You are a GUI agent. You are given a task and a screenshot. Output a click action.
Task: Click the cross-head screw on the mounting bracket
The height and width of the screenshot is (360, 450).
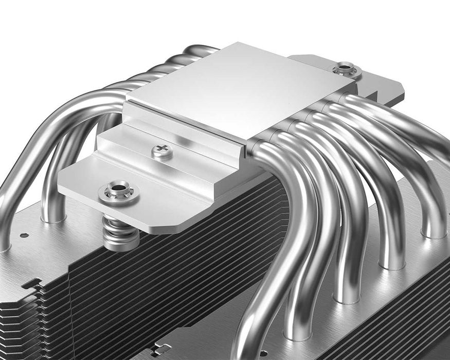163,151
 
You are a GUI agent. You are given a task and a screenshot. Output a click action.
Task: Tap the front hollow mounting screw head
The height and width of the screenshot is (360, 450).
119,191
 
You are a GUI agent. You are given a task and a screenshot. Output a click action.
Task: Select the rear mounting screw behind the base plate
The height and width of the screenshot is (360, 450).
344,68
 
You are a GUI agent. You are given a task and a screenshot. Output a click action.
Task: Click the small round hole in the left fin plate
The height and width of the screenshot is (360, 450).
25,235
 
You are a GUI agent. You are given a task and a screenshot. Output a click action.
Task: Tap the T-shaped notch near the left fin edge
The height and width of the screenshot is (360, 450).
31,283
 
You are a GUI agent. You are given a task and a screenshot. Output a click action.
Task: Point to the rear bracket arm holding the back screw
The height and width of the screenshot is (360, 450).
375,77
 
